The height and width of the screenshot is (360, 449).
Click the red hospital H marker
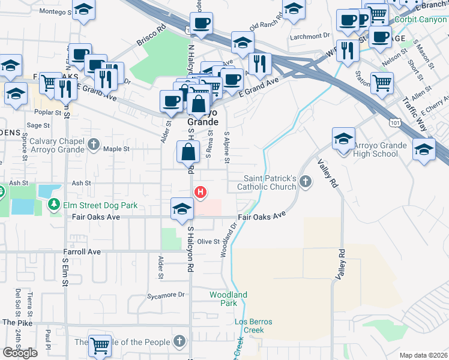point(200,192)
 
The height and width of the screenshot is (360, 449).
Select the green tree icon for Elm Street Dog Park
point(54,205)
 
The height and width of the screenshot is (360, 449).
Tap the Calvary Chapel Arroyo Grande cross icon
point(93,144)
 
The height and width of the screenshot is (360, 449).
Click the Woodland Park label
point(228,299)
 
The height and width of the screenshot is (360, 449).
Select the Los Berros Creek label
point(253,326)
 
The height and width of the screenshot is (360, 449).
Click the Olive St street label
point(208,241)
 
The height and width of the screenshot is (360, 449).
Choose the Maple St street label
point(116,149)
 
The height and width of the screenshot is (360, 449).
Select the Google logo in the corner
point(20,353)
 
